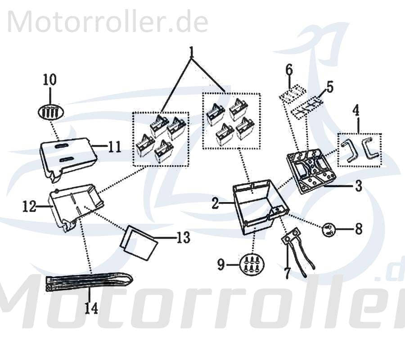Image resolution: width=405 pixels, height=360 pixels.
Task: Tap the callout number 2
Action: tap(216, 204)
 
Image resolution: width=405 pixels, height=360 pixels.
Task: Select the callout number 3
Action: tap(358, 186)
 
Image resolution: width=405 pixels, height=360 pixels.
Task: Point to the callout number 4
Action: tap(356, 109)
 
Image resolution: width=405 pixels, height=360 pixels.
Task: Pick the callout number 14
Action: tap(90, 308)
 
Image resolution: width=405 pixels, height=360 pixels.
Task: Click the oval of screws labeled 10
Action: tap(50, 111)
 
